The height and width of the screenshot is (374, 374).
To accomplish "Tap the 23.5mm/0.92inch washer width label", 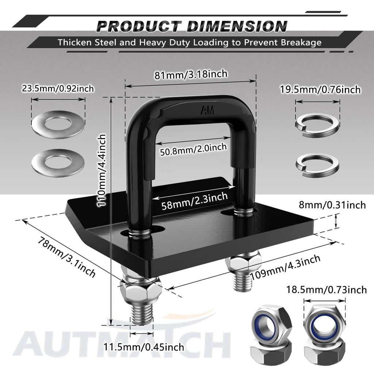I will [x=58, y=88].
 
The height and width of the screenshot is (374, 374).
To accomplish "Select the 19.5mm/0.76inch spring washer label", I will [x=320, y=89].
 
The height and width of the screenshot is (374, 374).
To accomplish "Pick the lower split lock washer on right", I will [x=317, y=164].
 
